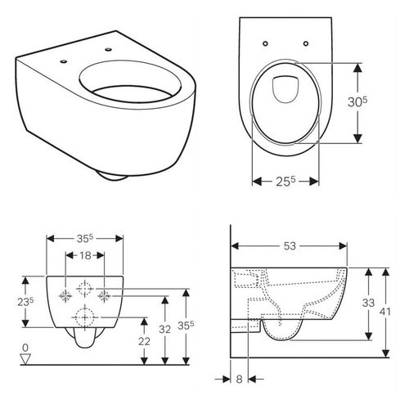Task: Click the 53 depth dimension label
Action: (290, 246)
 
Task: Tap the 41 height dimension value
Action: (385, 312)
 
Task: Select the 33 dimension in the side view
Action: (368, 303)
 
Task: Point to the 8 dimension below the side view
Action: (239, 380)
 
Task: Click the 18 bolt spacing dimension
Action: (85, 255)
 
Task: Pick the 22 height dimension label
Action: (144, 341)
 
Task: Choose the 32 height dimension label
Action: (164, 330)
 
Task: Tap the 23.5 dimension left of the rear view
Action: (25, 302)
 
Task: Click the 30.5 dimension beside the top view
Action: (357, 101)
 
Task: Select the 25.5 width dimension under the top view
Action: (285, 182)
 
